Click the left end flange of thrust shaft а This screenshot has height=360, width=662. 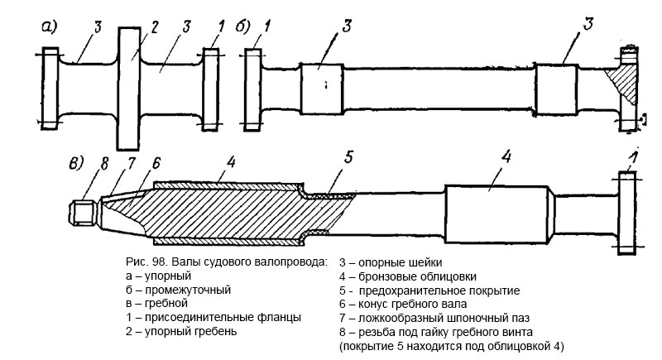(x=50, y=86)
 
